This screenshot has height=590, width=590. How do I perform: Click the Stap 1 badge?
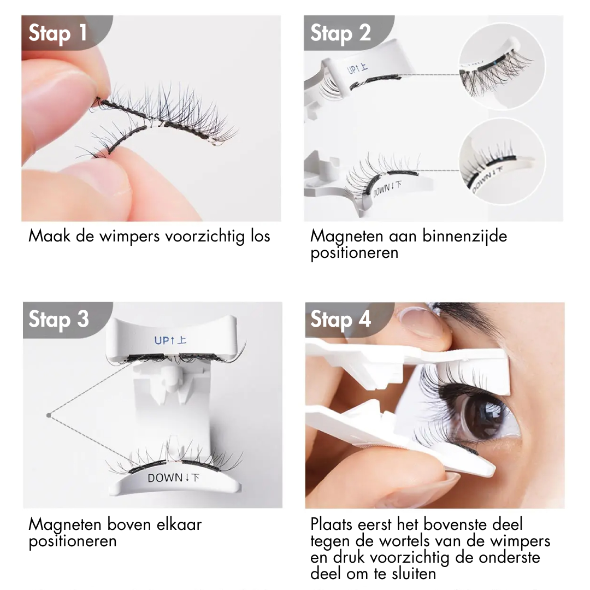[x=58, y=33]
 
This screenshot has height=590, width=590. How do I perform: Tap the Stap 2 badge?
[x=340, y=33]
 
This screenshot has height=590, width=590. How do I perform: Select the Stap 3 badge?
[x=58, y=320]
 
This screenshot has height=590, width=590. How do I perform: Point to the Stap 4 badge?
[x=340, y=320]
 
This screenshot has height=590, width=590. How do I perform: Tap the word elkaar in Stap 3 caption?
[x=176, y=524]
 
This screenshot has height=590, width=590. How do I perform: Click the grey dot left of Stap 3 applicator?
[x=49, y=416]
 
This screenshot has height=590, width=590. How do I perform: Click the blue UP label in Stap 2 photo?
[x=358, y=69]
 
